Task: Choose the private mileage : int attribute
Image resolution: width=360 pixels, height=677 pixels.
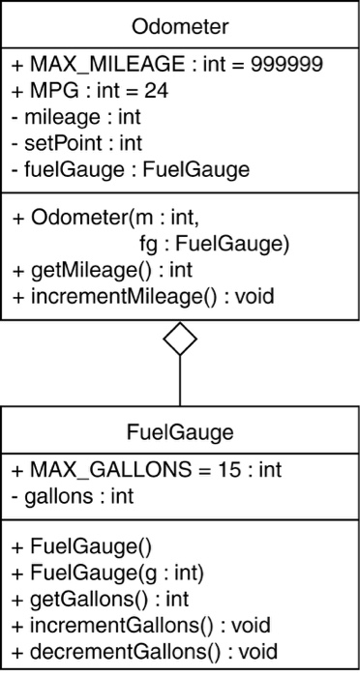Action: (74, 117)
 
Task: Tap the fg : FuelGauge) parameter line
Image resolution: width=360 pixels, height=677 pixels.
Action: (209, 243)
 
